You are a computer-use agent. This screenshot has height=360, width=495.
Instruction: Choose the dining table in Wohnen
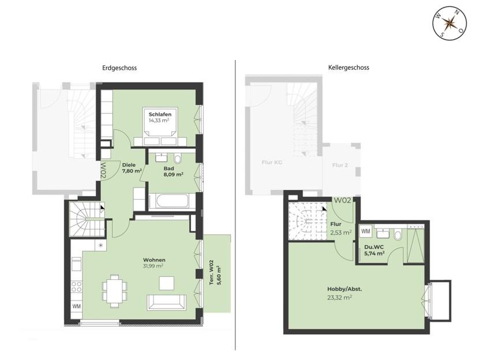(114, 288)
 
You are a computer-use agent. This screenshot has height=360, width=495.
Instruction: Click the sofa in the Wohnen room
(167, 302)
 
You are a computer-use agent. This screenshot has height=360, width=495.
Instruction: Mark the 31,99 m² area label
(153, 266)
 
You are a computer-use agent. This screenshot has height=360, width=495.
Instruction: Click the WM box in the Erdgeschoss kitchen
(76, 306)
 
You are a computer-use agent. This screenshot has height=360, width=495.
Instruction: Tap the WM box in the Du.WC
(365, 231)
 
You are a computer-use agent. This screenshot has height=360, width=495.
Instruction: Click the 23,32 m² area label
(337, 298)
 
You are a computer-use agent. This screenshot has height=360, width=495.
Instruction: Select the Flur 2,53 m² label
(337, 228)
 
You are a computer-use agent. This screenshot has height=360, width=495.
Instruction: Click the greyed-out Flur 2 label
(340, 165)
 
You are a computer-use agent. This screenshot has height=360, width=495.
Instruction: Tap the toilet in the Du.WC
(398, 235)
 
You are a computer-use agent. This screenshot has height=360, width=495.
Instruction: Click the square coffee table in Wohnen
(167, 283)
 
